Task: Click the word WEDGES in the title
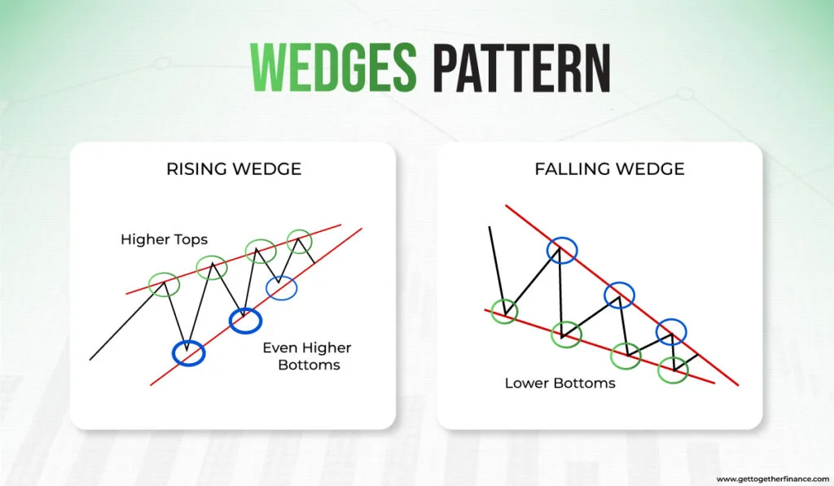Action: coord(333,68)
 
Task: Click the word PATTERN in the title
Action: coord(521,68)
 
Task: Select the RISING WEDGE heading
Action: coord(234,169)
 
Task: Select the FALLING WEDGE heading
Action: coord(609,169)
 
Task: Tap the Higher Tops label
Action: coord(164,239)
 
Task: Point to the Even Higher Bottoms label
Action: coord(307,357)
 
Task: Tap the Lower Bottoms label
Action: coord(560,383)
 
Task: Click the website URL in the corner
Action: coord(773,479)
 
